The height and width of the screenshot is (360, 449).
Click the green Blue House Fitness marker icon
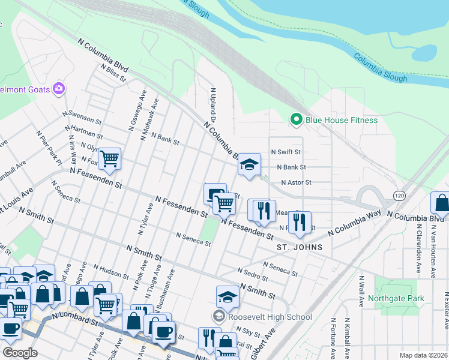[x=295, y=120]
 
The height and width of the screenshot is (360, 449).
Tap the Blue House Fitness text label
[x=342, y=120]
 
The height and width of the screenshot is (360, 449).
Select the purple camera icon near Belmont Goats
[x=59, y=89]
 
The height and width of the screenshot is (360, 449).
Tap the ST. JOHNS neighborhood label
[x=299, y=247]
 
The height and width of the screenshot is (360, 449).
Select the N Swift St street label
[x=285, y=152]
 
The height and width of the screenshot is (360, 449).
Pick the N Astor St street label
[x=296, y=182]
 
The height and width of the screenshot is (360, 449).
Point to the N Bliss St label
[x=113, y=73]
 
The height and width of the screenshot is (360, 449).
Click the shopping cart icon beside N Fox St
[x=110, y=159]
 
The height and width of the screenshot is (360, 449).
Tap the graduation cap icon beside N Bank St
[x=249, y=165]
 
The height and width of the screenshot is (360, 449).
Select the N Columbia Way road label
[x=355, y=222]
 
